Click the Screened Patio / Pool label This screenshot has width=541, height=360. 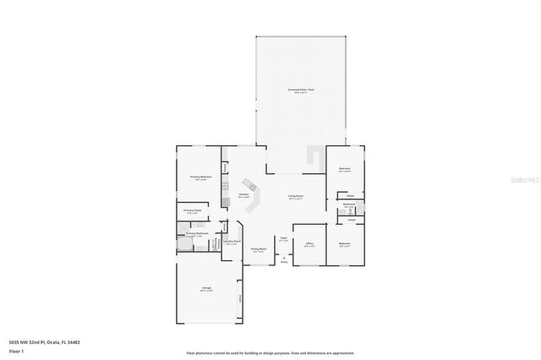click(301, 90)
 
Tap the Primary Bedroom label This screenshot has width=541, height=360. click(200, 177)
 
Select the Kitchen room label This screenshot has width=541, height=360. click(243, 195)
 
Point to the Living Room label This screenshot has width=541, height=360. click(296, 197)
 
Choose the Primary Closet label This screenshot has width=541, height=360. click(192, 211)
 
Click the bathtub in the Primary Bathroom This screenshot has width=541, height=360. click(184, 246)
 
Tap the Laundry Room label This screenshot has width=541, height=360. click(230, 243)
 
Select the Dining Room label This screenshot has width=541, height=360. click(258, 249)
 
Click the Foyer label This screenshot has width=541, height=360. click(284, 240)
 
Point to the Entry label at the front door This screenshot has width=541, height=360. click(284, 263)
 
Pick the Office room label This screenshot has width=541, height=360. click(309, 245)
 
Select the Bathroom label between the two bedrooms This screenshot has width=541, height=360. click(348, 205)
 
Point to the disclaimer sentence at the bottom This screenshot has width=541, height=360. click(270, 352)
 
